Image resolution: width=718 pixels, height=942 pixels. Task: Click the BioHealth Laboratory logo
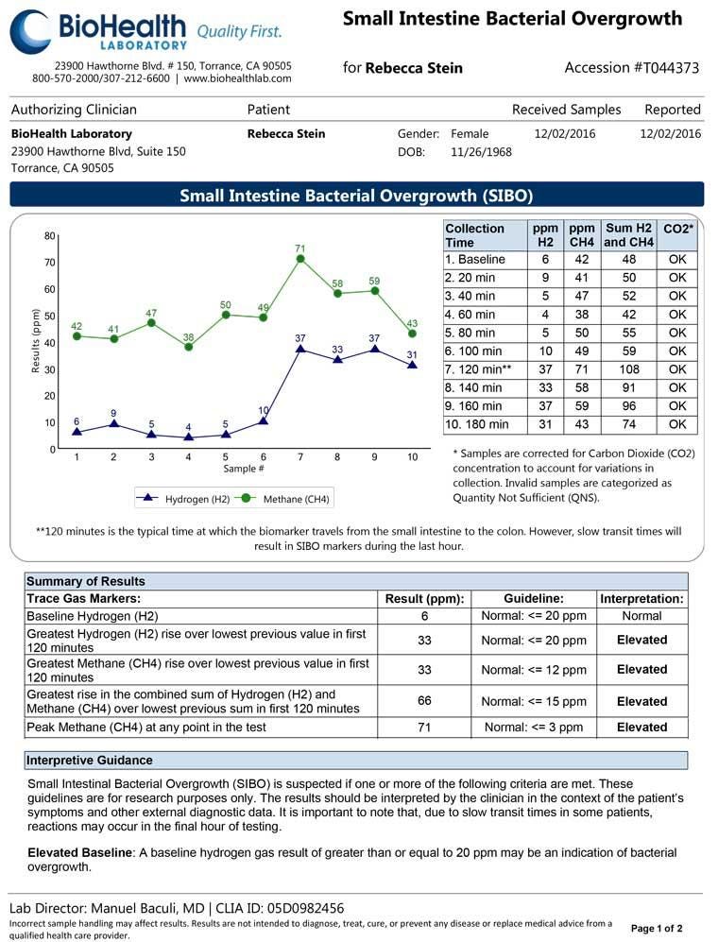145,31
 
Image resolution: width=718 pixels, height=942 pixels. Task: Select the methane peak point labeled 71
300,258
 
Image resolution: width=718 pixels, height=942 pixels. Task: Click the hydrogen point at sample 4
189,437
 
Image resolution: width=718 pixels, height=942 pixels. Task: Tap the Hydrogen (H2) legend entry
185,498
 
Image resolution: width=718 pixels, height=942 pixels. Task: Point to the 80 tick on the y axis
50,234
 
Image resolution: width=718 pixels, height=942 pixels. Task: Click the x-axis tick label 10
412,457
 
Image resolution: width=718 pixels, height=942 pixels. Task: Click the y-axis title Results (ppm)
36,341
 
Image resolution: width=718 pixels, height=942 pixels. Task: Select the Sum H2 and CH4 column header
629,235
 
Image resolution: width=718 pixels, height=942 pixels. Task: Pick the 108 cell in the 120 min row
629,369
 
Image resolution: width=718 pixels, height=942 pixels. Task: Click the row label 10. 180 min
477,424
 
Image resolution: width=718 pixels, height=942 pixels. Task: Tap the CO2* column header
677,229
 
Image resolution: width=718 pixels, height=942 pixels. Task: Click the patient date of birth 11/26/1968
481,151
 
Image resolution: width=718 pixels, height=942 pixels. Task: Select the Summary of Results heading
86,581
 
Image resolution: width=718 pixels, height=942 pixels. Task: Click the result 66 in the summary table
424,701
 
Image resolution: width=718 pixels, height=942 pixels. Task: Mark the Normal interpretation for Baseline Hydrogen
641,616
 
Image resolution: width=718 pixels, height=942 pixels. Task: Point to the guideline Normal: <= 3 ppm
534,728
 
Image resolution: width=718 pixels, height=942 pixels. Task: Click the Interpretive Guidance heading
89,761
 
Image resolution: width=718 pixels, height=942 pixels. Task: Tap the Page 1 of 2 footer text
656,928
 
